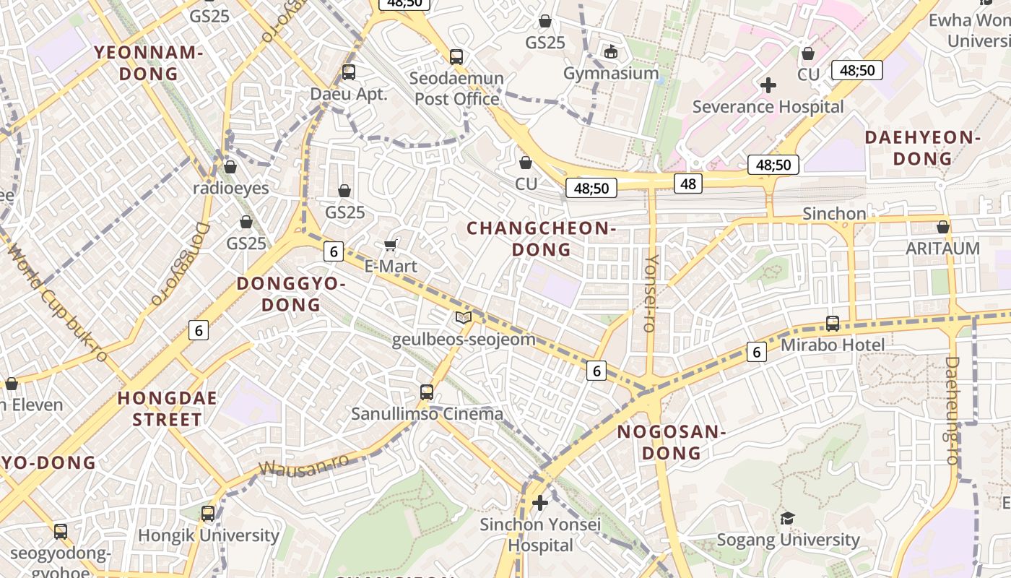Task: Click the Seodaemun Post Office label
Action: [x=457, y=88]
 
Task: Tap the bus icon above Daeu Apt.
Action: [x=349, y=72]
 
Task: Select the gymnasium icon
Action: [x=611, y=51]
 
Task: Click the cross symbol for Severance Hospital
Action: [x=768, y=85]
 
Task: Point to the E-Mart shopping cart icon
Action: [x=391, y=245]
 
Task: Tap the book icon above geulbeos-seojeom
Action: [x=464, y=317]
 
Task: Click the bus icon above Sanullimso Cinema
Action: [x=427, y=392]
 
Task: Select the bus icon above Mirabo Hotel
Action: [x=833, y=323]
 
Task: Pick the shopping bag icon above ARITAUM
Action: [x=943, y=227]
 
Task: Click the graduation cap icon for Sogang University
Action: [x=787, y=518]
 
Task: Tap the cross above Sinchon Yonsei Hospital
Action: [x=540, y=503]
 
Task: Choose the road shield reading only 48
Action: [x=688, y=184]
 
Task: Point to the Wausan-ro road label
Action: [x=303, y=465]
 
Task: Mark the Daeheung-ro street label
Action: [x=952, y=410]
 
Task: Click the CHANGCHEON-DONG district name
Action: [x=541, y=238]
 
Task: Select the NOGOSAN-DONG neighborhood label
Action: [x=671, y=442]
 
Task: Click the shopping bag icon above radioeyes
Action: [x=230, y=167]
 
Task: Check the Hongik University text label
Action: [x=208, y=535]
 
